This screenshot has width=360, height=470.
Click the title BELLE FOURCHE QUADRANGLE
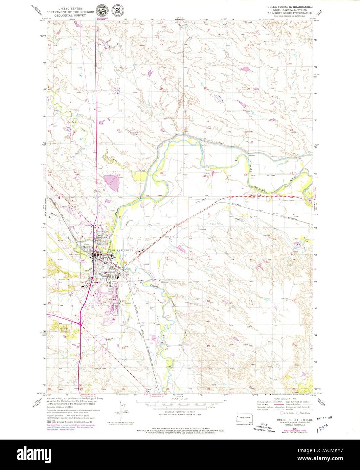click(x=290, y=7)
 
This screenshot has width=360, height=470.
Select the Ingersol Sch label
click(x=256, y=195)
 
